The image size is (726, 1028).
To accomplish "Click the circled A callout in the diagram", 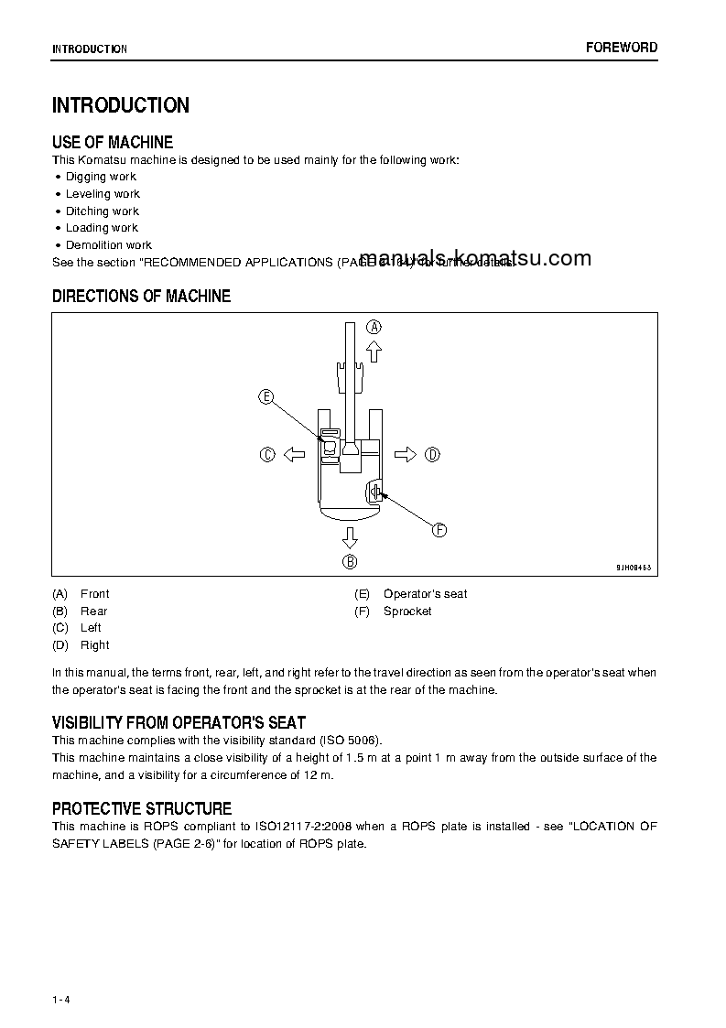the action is pos(374,327).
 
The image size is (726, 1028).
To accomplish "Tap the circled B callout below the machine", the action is pos(350,562).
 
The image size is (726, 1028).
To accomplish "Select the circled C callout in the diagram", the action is pos(267,454).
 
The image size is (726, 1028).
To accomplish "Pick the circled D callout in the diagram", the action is pos(433,454).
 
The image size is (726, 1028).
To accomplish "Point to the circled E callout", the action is pos(265,396).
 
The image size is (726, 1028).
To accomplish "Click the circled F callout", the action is pos(439,530).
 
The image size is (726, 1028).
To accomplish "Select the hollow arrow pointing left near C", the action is pos(293,454).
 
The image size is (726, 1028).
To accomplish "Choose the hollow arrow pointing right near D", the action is pos(406,454).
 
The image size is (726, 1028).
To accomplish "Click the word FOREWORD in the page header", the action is pos(622,48).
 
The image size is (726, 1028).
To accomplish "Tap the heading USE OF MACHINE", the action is pos(113,142).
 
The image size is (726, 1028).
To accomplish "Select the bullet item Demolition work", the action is pos(108,245).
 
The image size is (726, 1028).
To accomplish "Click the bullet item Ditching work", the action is pos(102,211).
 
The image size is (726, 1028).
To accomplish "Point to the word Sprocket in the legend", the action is pos(407,611).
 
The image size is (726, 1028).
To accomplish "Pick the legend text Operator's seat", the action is pos(425,594).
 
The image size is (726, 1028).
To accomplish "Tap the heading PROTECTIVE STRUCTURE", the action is pos(142,808).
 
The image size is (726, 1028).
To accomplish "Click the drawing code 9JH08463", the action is pos(634,568).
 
